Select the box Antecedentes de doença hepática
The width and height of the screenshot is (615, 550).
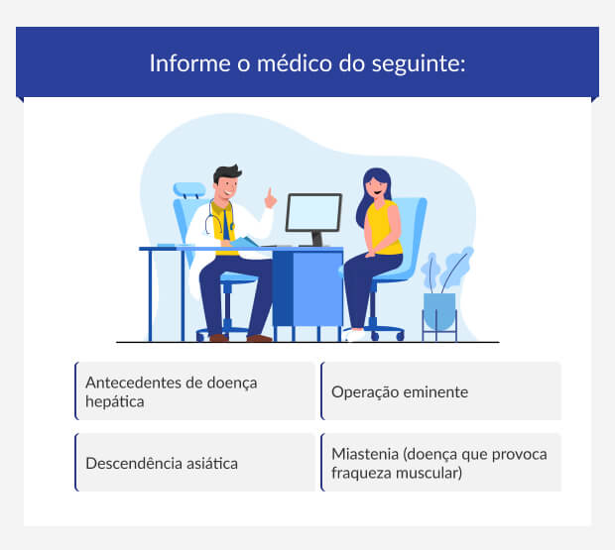(x=195, y=391)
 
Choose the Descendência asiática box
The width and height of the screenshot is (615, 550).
(x=195, y=463)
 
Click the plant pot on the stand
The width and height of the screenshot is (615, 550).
(x=439, y=310)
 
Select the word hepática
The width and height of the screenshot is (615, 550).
(x=115, y=402)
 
